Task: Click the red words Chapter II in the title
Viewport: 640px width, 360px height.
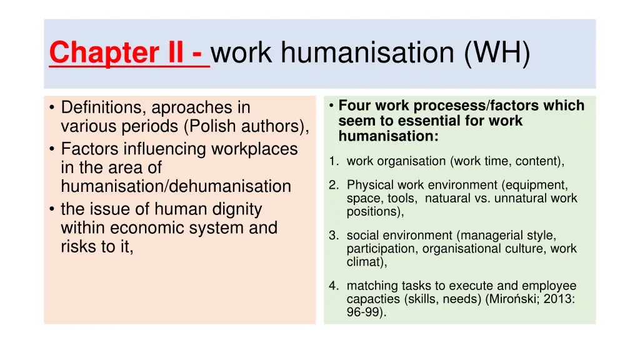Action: click(121, 52)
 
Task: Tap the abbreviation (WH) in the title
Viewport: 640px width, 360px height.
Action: click(497, 52)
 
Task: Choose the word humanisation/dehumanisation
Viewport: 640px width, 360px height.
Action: click(176, 186)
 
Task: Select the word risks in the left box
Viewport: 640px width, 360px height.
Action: click(79, 246)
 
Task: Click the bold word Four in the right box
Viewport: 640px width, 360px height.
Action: click(353, 106)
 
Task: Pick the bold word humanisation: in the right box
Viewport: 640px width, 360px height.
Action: click(388, 136)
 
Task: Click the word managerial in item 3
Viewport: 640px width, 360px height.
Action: click(488, 236)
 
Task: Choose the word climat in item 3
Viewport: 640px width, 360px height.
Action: click(366, 262)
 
